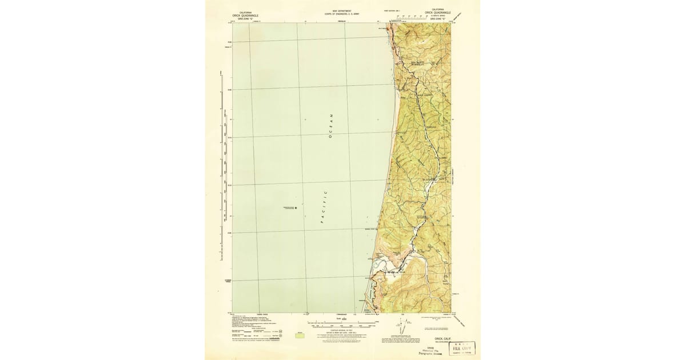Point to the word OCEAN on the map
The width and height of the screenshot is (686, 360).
(x=330, y=126)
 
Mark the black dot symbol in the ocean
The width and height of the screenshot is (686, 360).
(x=296, y=208)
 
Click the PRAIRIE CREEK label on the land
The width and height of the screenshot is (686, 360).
(x=422, y=95)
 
